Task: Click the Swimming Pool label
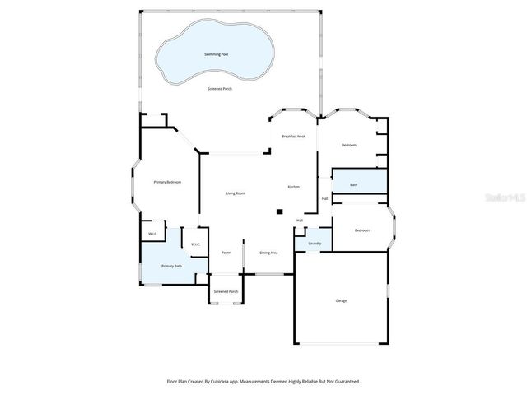(216, 54)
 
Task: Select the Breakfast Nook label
(294, 136)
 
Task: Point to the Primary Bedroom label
(167, 182)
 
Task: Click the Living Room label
(236, 193)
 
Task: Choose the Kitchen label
(293, 188)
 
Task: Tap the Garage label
(341, 300)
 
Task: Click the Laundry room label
(315, 244)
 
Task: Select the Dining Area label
(268, 253)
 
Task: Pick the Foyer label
(226, 253)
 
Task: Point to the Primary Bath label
(170, 266)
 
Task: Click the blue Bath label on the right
(353, 185)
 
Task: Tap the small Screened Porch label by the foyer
(226, 292)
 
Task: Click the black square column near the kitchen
(279, 211)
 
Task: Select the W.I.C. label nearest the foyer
(195, 244)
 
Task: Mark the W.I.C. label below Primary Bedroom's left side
(153, 235)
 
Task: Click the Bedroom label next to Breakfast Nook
(349, 145)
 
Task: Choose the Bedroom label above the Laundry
(362, 230)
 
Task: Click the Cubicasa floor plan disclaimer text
(263, 381)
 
